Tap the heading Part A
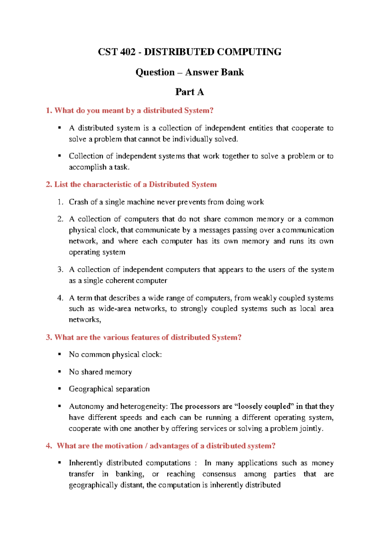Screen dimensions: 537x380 (189, 92)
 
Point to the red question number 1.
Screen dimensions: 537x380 (48, 111)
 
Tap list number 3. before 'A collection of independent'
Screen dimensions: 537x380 (60, 269)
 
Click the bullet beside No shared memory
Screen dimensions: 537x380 (59, 371)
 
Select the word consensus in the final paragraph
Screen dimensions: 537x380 (219, 474)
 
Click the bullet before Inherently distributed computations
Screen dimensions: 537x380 (59, 463)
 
